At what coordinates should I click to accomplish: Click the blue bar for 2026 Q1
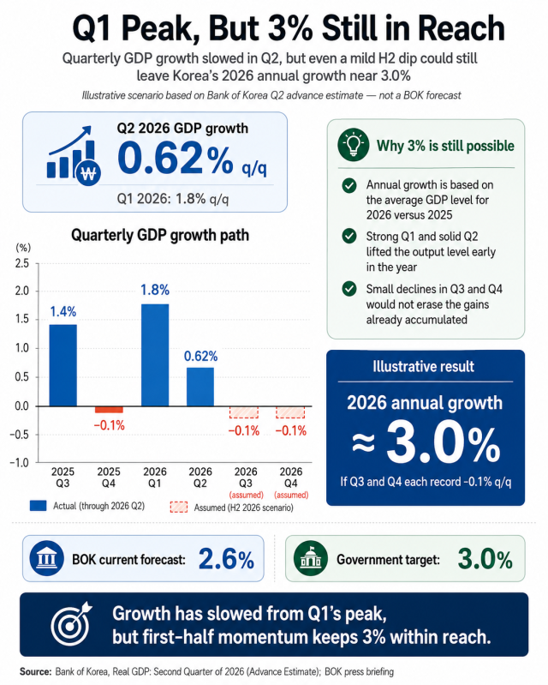[x=155, y=355]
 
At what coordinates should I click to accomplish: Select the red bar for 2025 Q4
[x=109, y=409]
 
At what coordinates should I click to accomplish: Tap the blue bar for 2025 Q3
[x=63, y=365]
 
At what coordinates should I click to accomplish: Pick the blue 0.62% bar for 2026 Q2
[x=200, y=387]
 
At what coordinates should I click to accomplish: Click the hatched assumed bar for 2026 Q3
[x=244, y=412]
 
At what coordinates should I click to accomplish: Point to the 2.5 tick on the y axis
[x=21, y=263]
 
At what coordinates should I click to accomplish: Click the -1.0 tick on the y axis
[x=19, y=463]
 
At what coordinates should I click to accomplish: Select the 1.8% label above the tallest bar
[x=155, y=290]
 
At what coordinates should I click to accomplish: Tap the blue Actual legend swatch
[x=38, y=506]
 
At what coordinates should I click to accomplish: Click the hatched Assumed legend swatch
[x=179, y=508]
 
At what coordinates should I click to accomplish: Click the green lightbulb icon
[x=353, y=145]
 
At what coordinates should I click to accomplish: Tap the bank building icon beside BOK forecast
[x=47, y=559]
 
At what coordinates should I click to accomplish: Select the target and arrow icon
[x=72, y=624]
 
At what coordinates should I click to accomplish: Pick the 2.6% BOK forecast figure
[x=226, y=559]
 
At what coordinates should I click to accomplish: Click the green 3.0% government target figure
[x=485, y=559]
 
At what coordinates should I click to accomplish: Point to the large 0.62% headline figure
[x=176, y=158]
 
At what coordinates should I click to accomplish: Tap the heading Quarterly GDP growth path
[x=160, y=235]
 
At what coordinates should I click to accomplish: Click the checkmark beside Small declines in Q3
[x=349, y=289]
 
